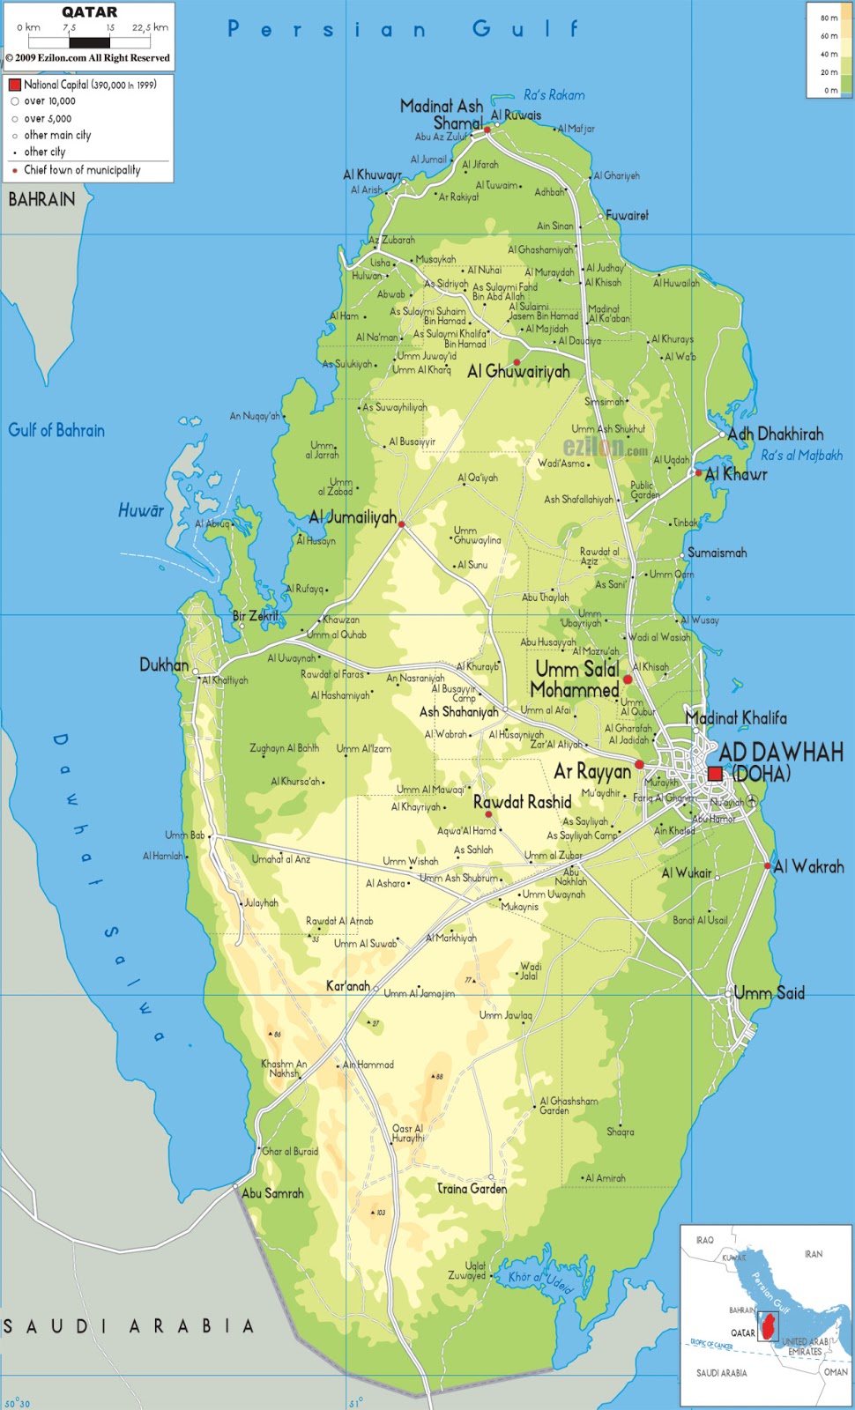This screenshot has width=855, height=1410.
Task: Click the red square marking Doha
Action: (x=715, y=774)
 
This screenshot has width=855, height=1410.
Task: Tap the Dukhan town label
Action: (x=164, y=665)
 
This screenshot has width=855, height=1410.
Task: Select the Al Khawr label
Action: (x=736, y=475)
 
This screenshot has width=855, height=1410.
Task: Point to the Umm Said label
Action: (x=769, y=993)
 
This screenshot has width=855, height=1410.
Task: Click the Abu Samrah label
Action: (x=272, y=1193)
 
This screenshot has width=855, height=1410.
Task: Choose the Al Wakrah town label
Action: (x=808, y=867)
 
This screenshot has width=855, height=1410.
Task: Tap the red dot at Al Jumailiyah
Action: (x=402, y=524)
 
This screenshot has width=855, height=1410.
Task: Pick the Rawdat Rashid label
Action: (x=522, y=803)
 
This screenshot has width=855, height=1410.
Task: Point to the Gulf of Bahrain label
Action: (x=56, y=431)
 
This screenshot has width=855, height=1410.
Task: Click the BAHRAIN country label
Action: (x=41, y=200)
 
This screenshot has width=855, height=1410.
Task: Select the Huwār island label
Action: (x=141, y=511)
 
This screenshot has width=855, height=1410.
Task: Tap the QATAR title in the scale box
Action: (x=89, y=12)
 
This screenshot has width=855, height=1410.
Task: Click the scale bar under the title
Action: (x=89, y=41)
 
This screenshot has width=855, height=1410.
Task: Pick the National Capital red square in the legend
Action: (x=14, y=85)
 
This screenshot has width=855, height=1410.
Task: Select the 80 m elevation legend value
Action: (x=829, y=18)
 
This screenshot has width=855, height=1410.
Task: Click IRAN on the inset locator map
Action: (x=813, y=1254)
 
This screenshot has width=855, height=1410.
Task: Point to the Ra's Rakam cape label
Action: (x=554, y=95)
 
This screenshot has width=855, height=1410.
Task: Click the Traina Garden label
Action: (x=472, y=1189)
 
